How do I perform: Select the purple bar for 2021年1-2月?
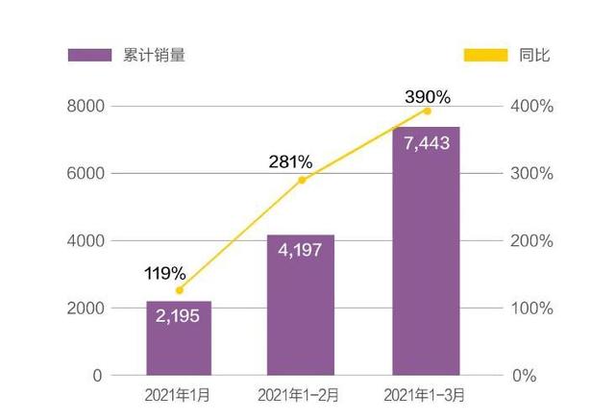(x=301, y=308)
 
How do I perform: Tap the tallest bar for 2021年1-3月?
(x=426, y=259)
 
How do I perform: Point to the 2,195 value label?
(x=179, y=316)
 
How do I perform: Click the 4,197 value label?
(x=301, y=250)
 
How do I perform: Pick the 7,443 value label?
(x=426, y=142)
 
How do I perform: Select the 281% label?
(x=289, y=161)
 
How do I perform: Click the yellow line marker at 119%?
(x=179, y=290)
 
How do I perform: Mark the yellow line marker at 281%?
(x=302, y=180)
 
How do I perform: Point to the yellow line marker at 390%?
(x=427, y=111)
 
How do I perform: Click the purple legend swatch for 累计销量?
(x=90, y=55)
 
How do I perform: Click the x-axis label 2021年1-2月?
(x=301, y=396)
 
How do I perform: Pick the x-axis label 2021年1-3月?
(x=426, y=396)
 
